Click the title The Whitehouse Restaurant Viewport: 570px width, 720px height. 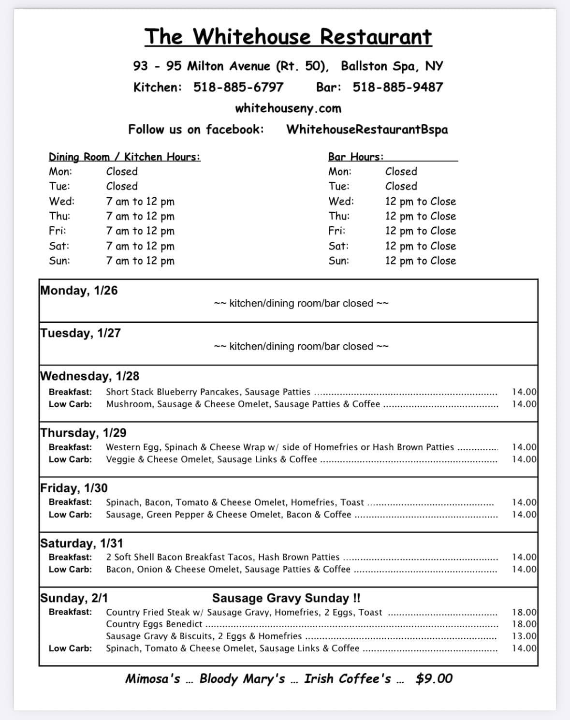click(288, 37)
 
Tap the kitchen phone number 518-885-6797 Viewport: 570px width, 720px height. click(238, 87)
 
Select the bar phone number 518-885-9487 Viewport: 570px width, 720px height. click(397, 87)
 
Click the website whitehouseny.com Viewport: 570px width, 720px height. click(288, 108)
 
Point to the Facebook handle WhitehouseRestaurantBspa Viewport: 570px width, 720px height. click(367, 130)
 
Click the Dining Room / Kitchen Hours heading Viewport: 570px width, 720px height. click(124, 157)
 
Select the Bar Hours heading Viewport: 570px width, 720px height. click(355, 157)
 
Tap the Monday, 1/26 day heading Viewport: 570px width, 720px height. click(79, 290)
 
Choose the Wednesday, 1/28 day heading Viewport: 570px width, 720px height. click(89, 376)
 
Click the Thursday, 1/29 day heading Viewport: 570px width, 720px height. click(83, 432)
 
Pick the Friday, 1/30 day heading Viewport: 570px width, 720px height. click(74, 487)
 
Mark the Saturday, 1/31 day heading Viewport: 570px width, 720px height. click(82, 543)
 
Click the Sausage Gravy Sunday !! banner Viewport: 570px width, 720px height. click(286, 598)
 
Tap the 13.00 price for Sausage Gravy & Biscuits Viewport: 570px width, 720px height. click(524, 636)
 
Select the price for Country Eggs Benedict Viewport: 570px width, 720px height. click(524, 624)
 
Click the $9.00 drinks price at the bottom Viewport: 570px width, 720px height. click(434, 678)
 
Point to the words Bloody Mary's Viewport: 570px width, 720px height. click(242, 678)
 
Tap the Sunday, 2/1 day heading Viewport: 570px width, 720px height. click(74, 598)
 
